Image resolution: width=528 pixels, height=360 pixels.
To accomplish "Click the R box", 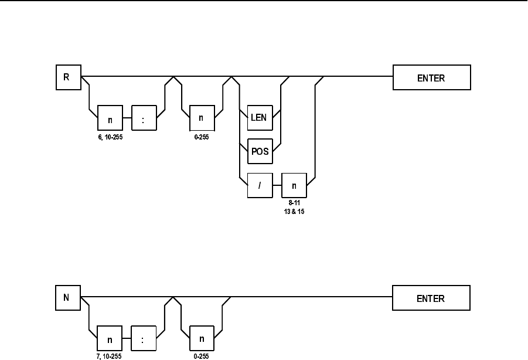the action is (69, 77).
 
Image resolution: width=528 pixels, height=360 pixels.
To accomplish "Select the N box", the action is (68, 298).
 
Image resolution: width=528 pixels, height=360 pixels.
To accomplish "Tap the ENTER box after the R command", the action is (432, 77).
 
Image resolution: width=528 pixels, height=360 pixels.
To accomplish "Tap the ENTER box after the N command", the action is (431, 298).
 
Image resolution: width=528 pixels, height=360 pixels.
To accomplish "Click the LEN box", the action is (260, 117).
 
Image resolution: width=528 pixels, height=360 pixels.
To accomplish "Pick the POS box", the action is (260, 151).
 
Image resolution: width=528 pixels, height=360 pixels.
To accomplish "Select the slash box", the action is (260, 185).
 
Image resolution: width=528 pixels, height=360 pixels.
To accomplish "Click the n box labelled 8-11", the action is (294, 185).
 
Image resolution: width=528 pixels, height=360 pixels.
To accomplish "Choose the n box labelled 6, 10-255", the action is (110, 117).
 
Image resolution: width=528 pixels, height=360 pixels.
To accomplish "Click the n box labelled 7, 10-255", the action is (110, 338).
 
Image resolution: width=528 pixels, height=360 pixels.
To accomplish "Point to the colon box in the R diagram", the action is (144, 117).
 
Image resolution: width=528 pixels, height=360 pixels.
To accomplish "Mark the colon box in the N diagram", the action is (144, 338).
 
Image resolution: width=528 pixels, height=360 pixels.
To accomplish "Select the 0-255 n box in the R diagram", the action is (202, 117).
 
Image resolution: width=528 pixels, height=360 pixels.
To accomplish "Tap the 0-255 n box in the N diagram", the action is (202, 338).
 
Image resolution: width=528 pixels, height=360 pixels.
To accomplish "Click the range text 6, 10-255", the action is (110, 137).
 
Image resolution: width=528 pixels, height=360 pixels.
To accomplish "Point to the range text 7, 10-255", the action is (109, 356).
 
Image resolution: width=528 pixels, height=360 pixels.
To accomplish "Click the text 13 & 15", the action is (294, 212).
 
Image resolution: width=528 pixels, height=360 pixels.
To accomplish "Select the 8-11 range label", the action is (294, 203).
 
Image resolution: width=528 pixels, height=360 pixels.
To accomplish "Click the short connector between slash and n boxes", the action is (277, 185).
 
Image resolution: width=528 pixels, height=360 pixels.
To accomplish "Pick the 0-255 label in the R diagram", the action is (202, 137).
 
